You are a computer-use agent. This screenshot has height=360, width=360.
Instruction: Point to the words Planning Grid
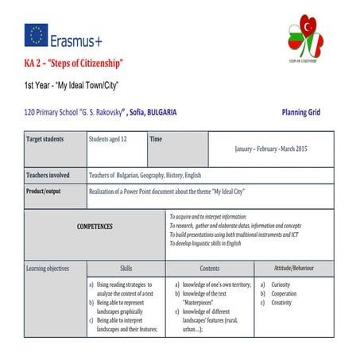pos(300,112)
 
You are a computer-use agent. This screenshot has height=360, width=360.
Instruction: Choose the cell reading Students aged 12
pos(109,139)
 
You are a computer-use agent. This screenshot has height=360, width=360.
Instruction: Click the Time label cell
pos(157,139)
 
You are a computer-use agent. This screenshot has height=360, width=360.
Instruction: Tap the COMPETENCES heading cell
pos(95,226)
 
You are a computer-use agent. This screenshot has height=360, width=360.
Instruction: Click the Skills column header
pos(126,269)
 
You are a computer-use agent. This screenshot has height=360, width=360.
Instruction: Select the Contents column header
pos(210,269)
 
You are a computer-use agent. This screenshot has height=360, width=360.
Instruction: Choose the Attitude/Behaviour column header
pos(293,269)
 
